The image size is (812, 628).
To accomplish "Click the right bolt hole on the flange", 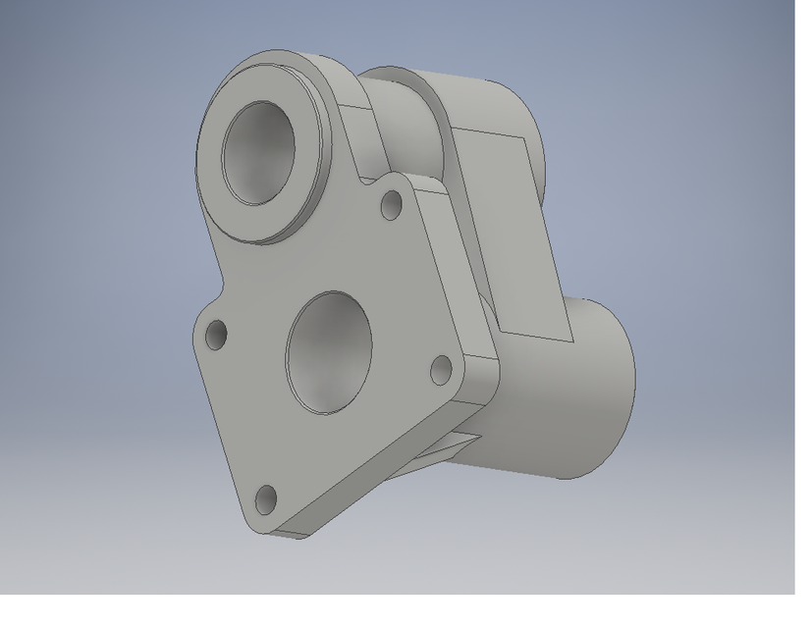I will pyautogui.click(x=441, y=369).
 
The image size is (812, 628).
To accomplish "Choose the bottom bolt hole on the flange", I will pyautogui.click(x=266, y=499).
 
